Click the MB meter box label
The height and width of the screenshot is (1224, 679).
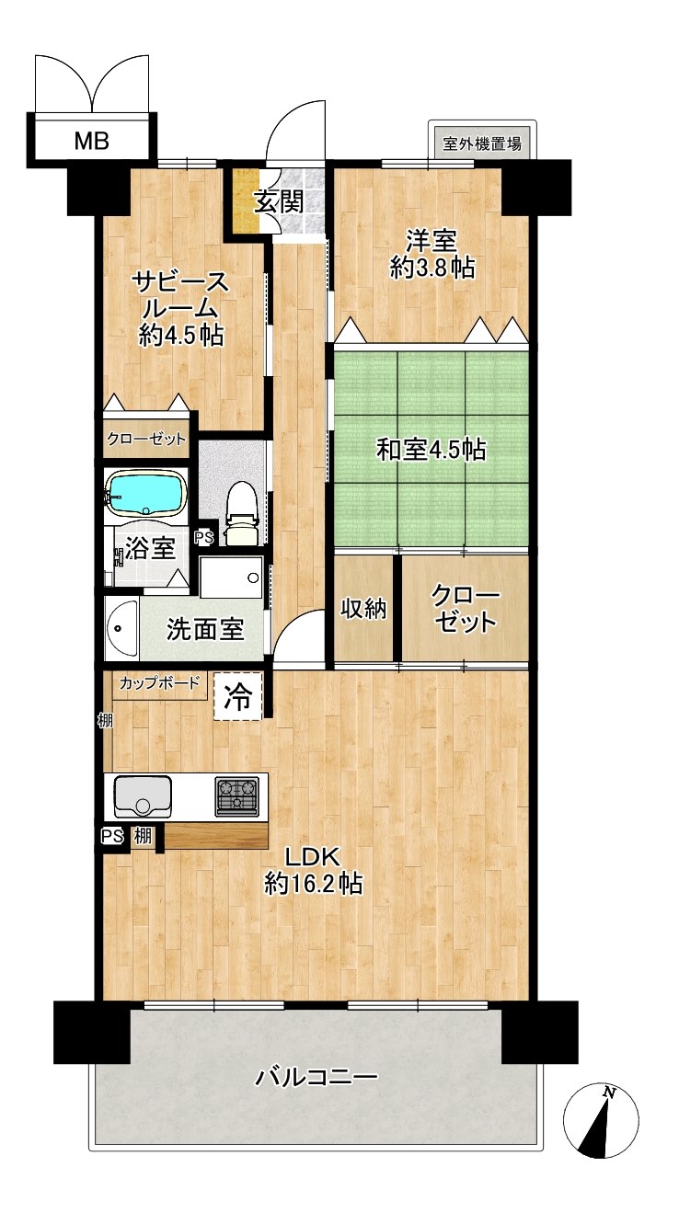pyautogui.click(x=92, y=142)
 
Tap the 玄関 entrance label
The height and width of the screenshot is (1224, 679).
pyautogui.click(x=279, y=203)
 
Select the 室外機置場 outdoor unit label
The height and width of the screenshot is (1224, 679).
pyautogui.click(x=481, y=144)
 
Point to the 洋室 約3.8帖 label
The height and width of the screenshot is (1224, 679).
pyautogui.click(x=432, y=254)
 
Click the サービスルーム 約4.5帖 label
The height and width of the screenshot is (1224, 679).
pyautogui.click(x=181, y=309)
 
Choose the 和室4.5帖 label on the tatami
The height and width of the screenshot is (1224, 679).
pyautogui.click(x=432, y=450)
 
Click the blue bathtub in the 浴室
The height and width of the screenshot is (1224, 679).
pyautogui.click(x=146, y=492)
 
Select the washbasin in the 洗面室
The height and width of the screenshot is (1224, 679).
pyautogui.click(x=122, y=629)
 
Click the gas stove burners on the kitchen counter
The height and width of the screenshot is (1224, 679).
pyautogui.click(x=236, y=796)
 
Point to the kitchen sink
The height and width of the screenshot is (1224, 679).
pyautogui.click(x=143, y=796)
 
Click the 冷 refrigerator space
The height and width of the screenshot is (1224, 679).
pyautogui.click(x=238, y=697)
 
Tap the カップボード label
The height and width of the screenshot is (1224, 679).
pyautogui.click(x=160, y=683)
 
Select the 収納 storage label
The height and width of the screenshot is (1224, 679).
pyautogui.click(x=363, y=609)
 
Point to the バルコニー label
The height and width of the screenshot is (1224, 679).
pyautogui.click(x=317, y=1077)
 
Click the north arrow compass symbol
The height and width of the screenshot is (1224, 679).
pyautogui.click(x=601, y=1121)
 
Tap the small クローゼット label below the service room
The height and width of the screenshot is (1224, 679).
pyautogui.click(x=146, y=439)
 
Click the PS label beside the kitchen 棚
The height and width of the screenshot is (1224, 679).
pyautogui.click(x=112, y=836)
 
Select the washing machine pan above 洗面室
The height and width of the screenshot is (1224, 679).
pyautogui.click(x=231, y=578)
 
